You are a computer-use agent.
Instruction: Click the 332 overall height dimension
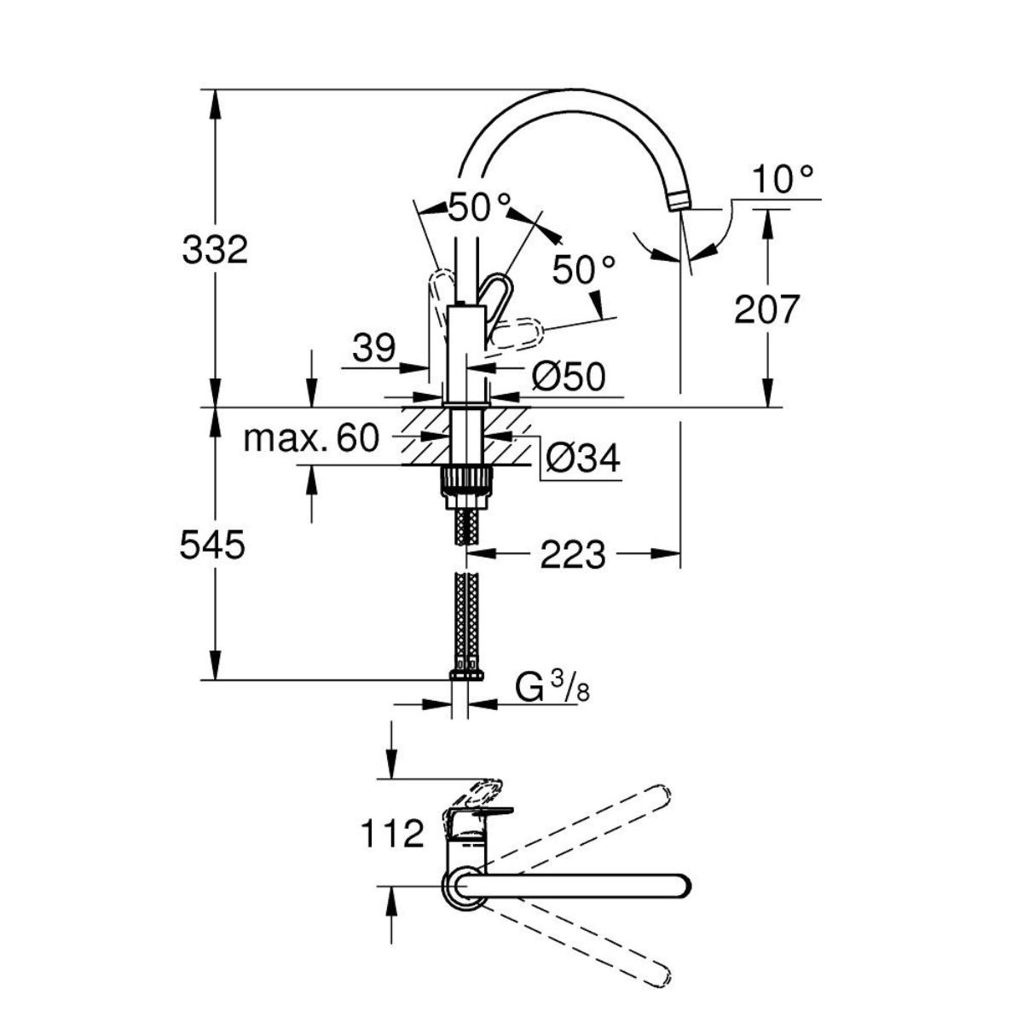214,251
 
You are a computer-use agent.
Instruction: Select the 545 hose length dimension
212,545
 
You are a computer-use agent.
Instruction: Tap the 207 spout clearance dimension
767,309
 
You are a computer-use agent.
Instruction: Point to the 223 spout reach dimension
572,555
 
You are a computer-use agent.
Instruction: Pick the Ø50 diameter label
568,376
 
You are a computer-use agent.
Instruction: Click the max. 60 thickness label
310,439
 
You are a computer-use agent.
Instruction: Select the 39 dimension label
373,348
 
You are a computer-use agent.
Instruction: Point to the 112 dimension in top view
391,833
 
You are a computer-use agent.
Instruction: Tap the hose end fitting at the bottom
465,673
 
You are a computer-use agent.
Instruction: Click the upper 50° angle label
479,207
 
